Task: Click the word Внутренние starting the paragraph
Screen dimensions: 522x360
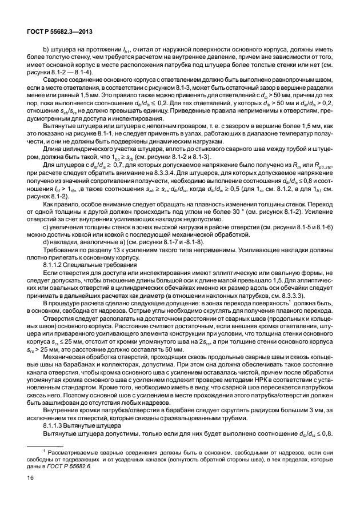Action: [59, 412]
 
